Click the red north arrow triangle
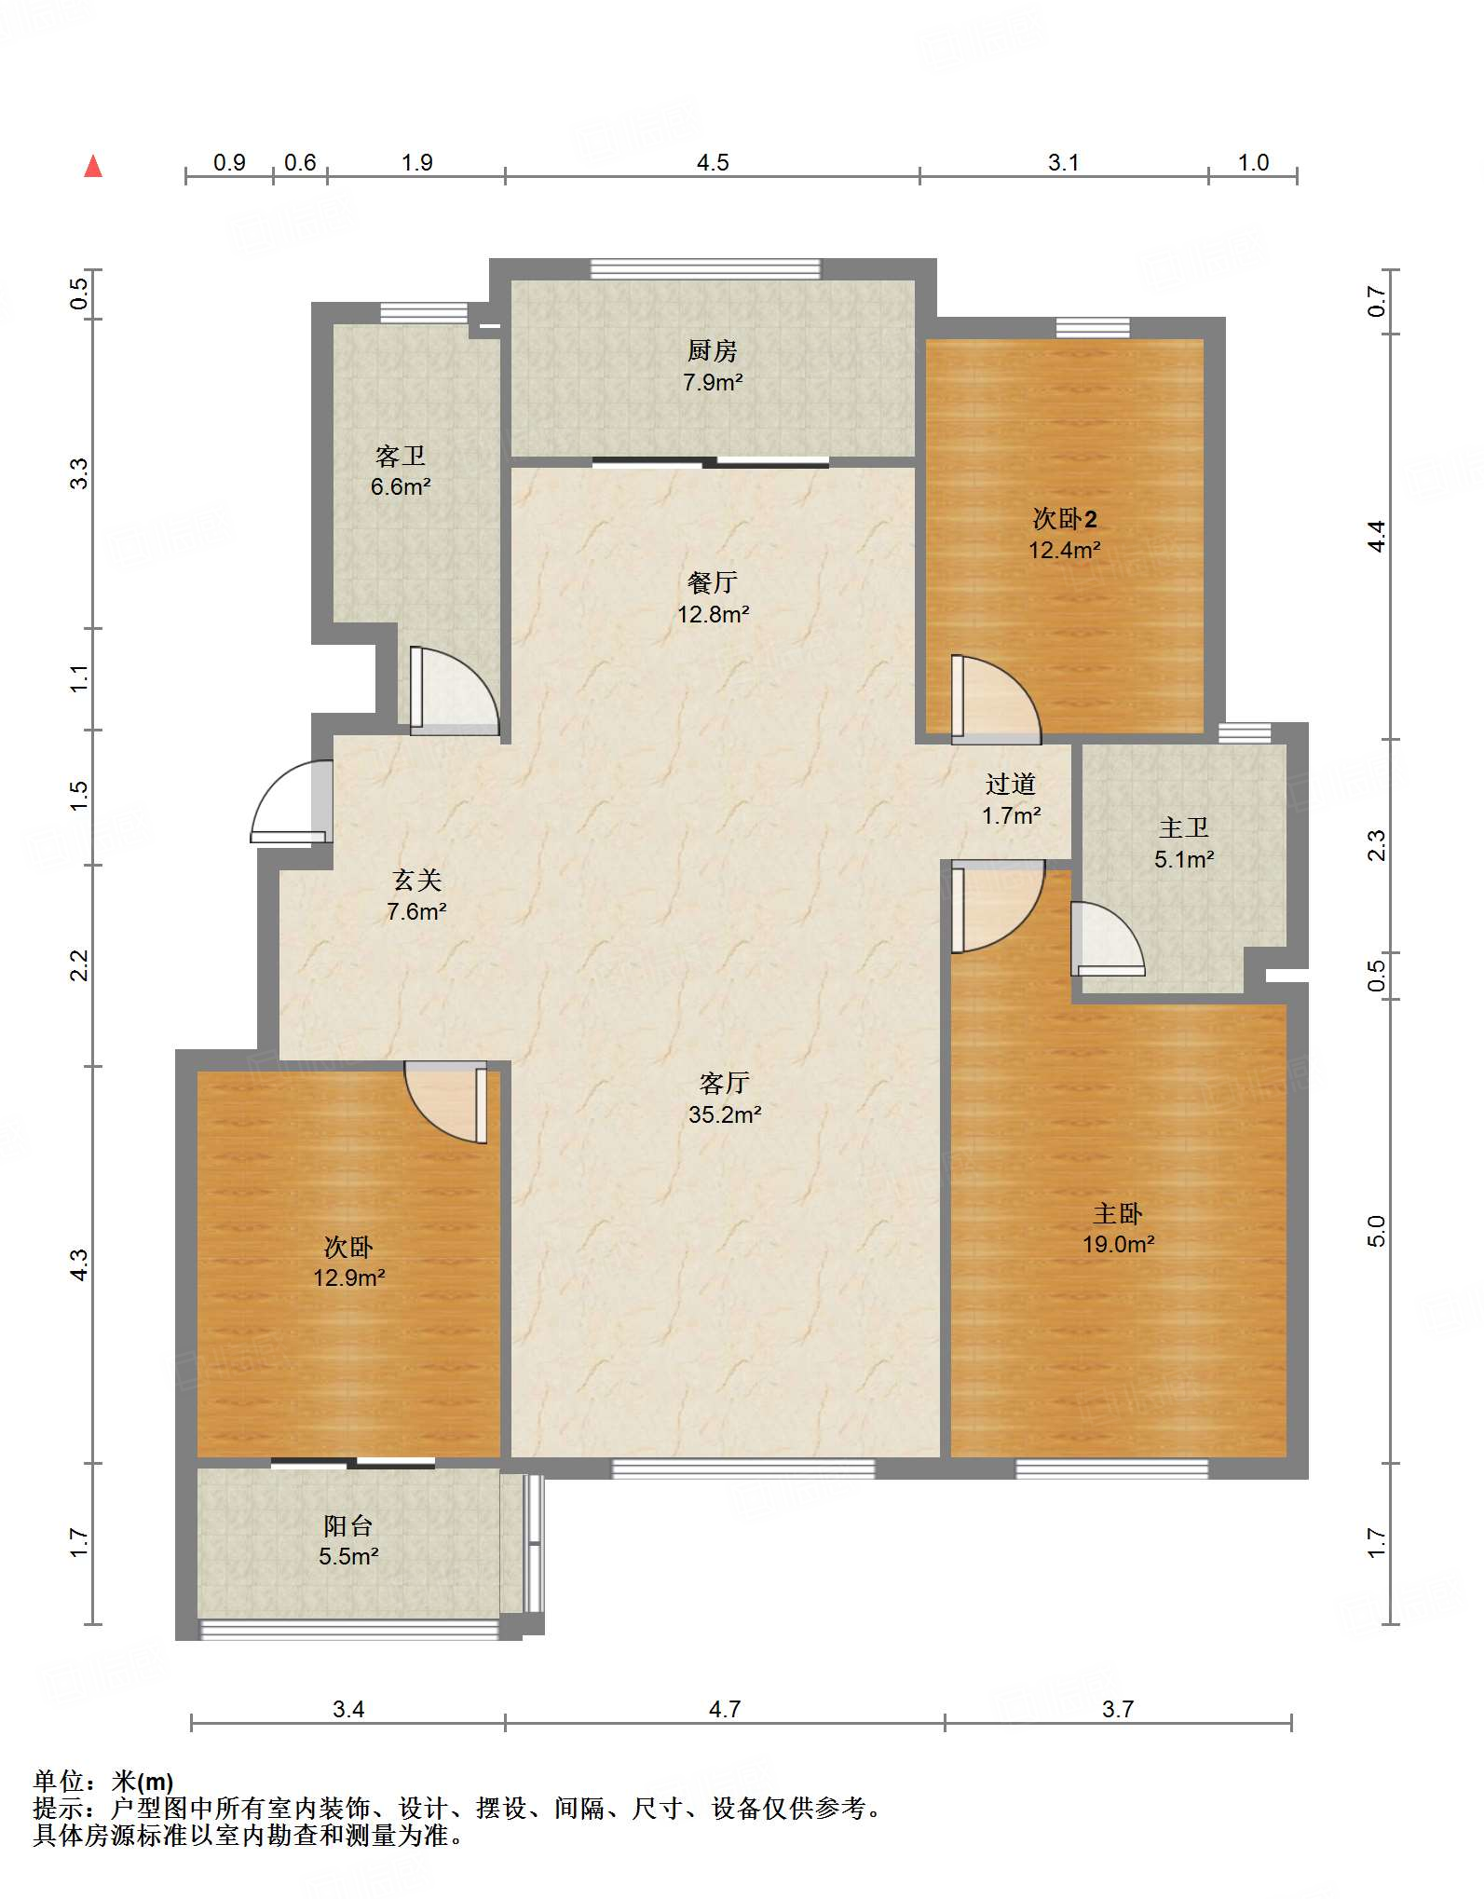(93, 167)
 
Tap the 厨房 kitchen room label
(713, 351)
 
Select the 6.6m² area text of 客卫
(401, 486)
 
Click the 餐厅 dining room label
(713, 582)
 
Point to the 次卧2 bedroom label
(1065, 519)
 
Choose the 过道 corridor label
(1011, 785)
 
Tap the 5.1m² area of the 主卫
(1184, 859)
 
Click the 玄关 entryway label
(416, 881)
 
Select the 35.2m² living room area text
(725, 1114)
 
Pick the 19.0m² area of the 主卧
(1118, 1244)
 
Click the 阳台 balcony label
(348, 1525)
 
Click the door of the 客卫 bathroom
(455, 690)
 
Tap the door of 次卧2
(995, 700)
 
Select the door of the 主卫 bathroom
(1107, 939)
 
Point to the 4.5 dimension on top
(713, 163)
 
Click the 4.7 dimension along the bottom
(725, 1709)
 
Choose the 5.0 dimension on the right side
(1377, 1231)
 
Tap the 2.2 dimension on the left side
(80, 965)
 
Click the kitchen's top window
(706, 269)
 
